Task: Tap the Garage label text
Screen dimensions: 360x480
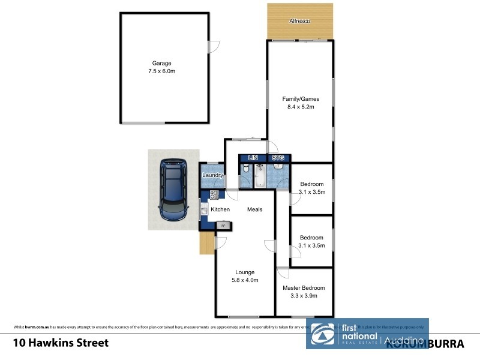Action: (161, 63)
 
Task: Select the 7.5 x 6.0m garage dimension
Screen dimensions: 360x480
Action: (161, 71)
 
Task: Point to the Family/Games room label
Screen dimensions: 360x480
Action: (301, 99)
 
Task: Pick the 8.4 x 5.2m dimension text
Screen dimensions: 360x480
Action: (301, 107)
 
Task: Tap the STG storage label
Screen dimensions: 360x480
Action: (277, 158)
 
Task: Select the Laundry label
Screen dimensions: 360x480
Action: (213, 175)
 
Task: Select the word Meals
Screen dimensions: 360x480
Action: (255, 209)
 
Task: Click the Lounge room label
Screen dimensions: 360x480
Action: (245, 272)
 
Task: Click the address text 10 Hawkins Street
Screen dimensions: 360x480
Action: (61, 343)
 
